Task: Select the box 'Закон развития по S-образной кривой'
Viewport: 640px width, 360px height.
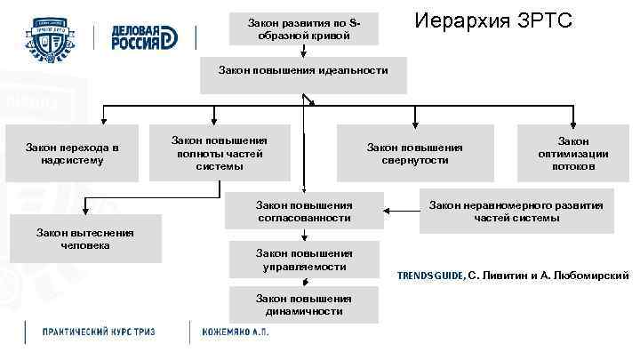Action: click(x=303, y=28)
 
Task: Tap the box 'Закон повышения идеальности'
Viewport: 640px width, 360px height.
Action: click(x=303, y=68)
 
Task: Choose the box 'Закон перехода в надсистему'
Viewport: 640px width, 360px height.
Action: click(x=72, y=153)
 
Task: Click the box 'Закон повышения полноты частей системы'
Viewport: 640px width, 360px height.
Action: click(x=219, y=153)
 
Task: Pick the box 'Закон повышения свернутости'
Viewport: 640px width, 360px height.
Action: click(x=415, y=153)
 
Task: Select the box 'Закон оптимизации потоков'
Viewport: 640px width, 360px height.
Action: click(x=573, y=153)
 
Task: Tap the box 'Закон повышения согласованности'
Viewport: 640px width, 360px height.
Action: click(x=304, y=211)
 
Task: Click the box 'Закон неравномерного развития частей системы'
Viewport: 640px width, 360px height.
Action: click(x=516, y=211)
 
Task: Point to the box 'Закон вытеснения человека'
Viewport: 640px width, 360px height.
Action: click(x=85, y=238)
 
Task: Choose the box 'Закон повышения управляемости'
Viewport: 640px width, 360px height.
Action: click(x=304, y=260)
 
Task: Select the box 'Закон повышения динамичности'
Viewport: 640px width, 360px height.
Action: click(x=304, y=304)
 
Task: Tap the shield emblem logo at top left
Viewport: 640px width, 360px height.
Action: click(x=53, y=36)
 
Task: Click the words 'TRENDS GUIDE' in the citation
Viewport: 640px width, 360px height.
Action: click(x=430, y=276)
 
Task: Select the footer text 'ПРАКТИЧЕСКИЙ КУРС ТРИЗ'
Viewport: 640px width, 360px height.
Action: click(x=100, y=332)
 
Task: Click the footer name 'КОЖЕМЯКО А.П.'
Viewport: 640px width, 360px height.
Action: click(x=235, y=332)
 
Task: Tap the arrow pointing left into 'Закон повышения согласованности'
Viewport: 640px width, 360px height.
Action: click(x=391, y=211)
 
